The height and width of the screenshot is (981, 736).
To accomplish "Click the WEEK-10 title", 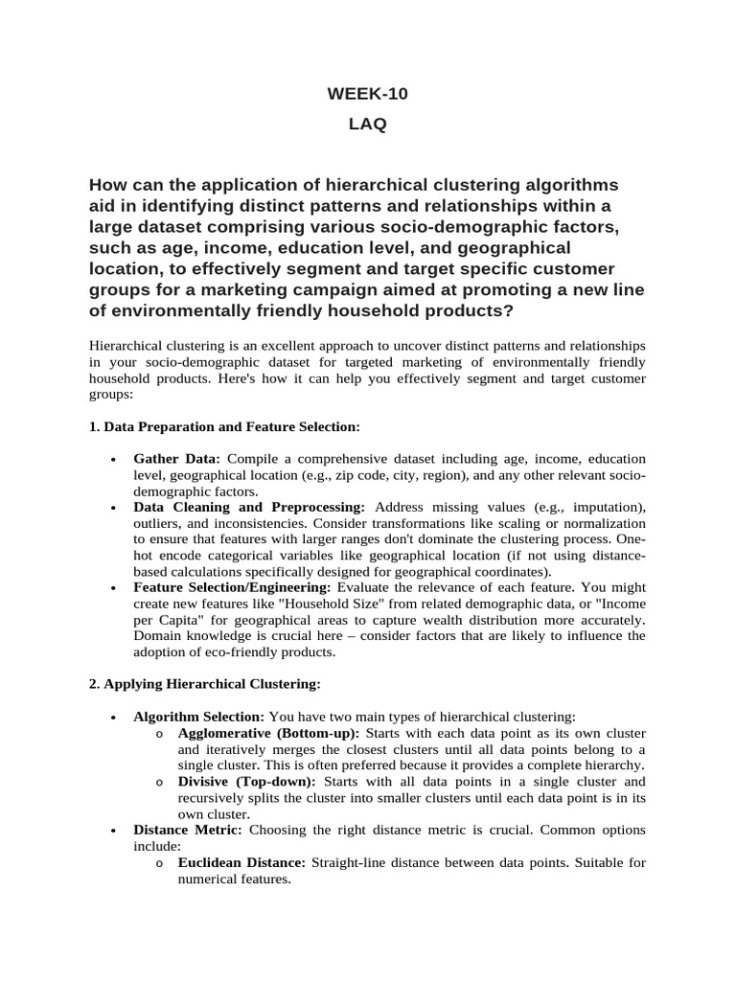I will point(367,94).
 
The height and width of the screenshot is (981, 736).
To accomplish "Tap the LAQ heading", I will point(367,125).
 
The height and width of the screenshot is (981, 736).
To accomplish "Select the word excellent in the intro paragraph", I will point(295,345).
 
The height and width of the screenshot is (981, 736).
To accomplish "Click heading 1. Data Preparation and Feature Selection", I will point(224,425).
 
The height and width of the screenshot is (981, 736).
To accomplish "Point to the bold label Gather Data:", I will point(177,459).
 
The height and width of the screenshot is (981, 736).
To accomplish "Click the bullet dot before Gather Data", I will point(114,460).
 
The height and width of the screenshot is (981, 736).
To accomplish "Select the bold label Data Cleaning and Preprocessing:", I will point(249,506).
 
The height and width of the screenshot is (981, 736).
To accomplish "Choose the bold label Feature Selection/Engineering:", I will point(233,585).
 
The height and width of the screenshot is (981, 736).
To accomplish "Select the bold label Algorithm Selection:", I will point(198,717).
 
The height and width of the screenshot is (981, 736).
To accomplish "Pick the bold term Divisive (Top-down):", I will point(246,783).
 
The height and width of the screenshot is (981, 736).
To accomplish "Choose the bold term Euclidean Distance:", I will point(241,863).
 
